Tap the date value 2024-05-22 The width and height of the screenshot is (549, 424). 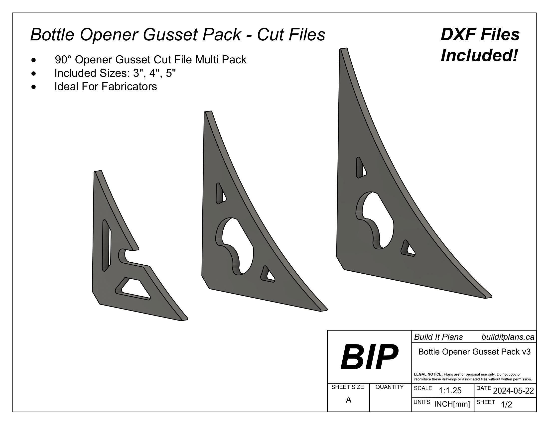pos(513,391)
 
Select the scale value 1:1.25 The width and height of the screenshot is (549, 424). pos(450,391)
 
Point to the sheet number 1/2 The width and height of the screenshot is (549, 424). pos(506,405)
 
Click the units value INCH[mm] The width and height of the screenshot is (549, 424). pos(452,404)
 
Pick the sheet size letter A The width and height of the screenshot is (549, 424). pos(348,400)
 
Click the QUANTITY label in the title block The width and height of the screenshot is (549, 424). pos(389,387)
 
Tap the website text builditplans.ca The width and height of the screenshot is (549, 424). pos(508,337)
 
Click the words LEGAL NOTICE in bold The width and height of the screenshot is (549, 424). pos(428,374)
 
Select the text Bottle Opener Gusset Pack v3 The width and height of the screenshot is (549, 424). pos(474,352)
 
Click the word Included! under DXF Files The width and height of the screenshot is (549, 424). pos(479,55)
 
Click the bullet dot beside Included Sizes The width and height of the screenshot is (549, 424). pos(34,73)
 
